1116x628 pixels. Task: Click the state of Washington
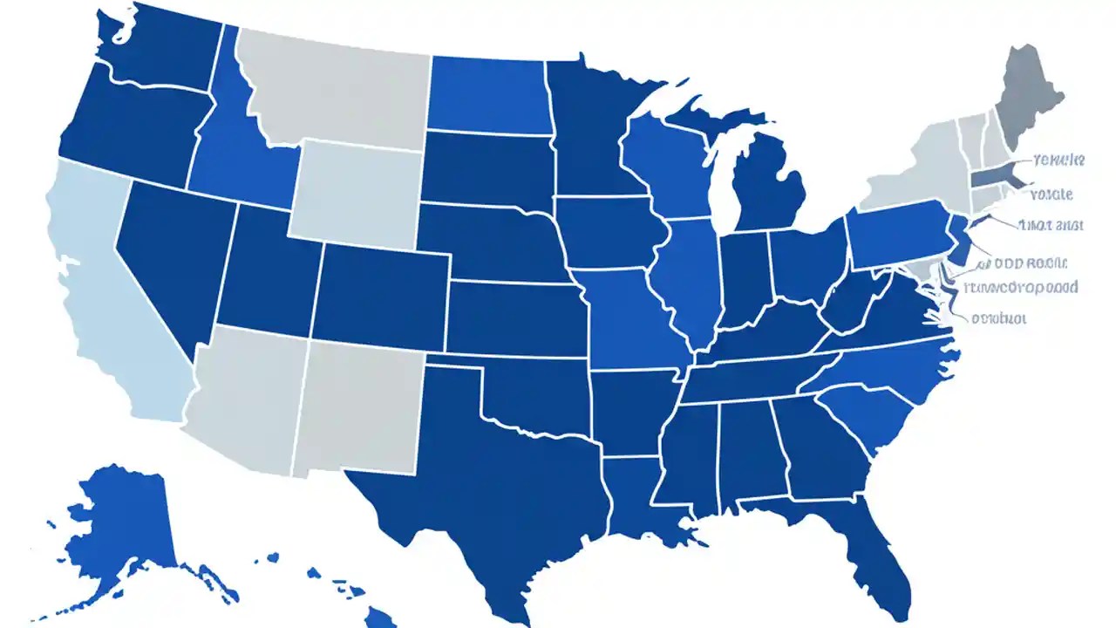click(166, 48)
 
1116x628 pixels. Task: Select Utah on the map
click(266, 270)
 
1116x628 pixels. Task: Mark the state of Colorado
click(379, 292)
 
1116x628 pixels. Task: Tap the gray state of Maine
click(1033, 96)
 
